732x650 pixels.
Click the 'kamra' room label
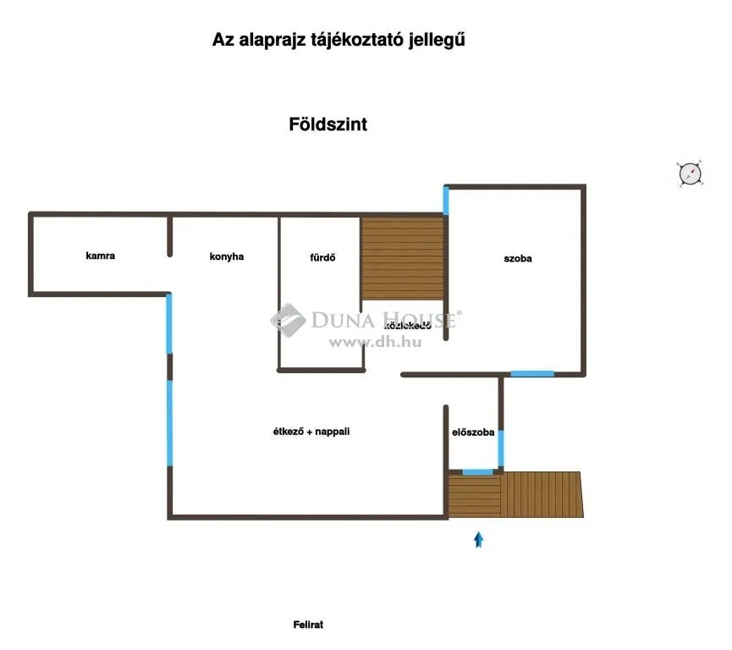[100, 256]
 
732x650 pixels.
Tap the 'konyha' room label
[227, 256]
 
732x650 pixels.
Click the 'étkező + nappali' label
[311, 432]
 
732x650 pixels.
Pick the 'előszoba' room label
[473, 432]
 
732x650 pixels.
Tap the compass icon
[691, 174]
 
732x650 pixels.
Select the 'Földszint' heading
[327, 124]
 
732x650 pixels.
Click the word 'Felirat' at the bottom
[309, 625]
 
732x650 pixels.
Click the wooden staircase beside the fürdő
[403, 258]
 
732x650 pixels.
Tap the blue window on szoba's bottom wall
[532, 373]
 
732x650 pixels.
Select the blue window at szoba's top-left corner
[446, 201]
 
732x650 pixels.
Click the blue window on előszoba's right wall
[501, 449]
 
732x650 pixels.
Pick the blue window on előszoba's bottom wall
[477, 471]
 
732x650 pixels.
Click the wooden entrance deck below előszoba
[515, 495]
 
